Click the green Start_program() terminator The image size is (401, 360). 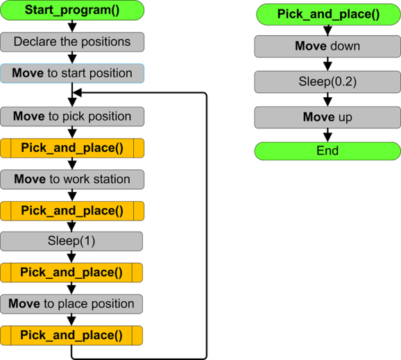[x=72, y=10]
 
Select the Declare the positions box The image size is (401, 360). [x=72, y=42]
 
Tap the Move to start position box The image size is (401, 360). [x=72, y=74]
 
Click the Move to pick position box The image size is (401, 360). [x=72, y=117]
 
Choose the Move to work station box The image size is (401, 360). [x=72, y=179]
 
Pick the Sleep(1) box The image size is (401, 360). [x=71, y=241]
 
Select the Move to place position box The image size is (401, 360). [x=71, y=304]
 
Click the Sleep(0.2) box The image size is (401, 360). [x=327, y=82]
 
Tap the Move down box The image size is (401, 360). [x=327, y=46]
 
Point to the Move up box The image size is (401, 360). [x=327, y=117]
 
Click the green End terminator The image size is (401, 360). [x=327, y=151]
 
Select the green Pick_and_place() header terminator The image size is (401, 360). [x=328, y=15]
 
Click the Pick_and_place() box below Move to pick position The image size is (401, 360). [x=72, y=148]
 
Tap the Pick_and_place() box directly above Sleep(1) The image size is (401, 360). [x=72, y=211]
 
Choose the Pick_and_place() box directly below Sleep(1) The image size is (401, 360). [x=71, y=273]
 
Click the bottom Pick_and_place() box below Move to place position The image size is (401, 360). [x=71, y=336]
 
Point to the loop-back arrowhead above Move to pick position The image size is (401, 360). [x=77, y=92]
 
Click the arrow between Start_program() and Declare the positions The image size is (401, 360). [x=72, y=26]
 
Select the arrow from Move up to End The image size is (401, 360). [x=327, y=135]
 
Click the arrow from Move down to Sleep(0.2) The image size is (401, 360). [x=327, y=65]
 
